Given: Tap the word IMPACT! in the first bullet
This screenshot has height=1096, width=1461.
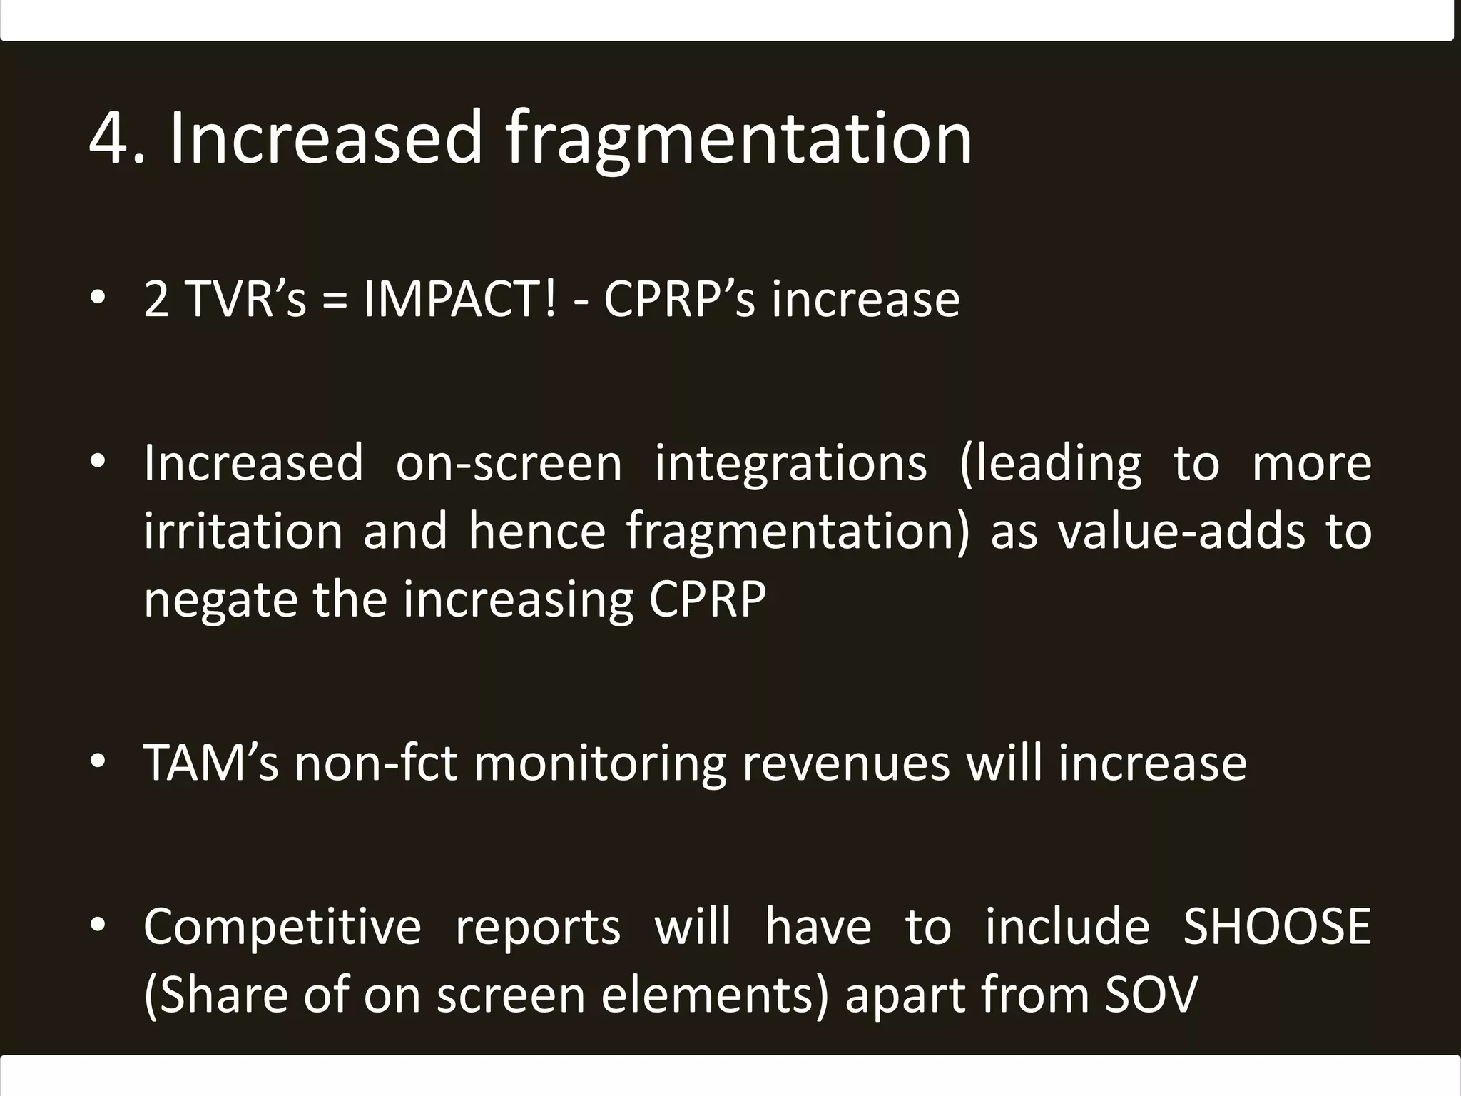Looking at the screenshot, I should (x=459, y=299).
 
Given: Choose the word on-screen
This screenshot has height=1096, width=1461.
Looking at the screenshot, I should (x=509, y=464).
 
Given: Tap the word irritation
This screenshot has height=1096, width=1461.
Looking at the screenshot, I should (x=243, y=532).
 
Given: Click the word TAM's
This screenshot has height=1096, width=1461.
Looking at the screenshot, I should (x=210, y=763).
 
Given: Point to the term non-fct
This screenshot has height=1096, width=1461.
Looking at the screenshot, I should (x=376, y=763).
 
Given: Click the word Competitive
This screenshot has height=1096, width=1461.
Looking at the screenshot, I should (x=282, y=927).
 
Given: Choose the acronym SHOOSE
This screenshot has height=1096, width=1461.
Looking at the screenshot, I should (x=1277, y=927).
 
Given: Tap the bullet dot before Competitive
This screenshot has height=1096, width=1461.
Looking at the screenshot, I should (x=98, y=925).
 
